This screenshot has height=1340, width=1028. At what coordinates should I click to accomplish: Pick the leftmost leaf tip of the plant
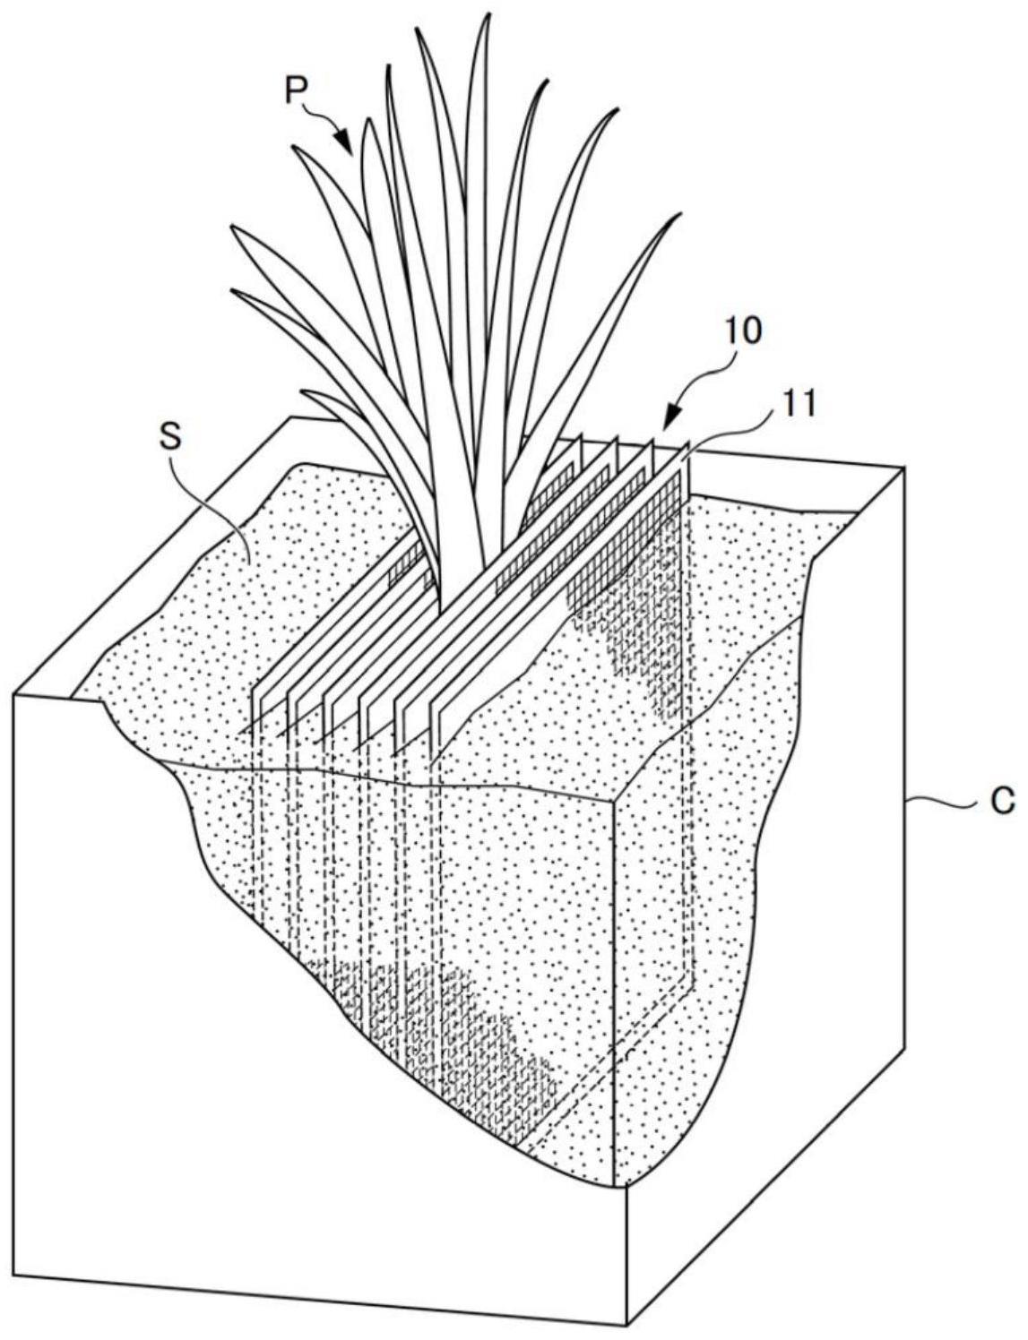click(x=231, y=227)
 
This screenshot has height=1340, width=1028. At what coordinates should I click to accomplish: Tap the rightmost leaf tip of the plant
click(x=679, y=216)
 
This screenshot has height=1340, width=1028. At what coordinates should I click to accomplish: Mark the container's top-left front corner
click(x=15, y=692)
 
